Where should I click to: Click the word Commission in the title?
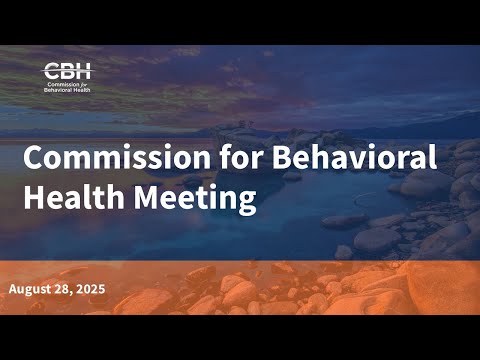[117, 157]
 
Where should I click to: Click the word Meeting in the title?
[195, 199]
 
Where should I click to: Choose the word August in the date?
[29, 289]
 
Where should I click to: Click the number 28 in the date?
[61, 289]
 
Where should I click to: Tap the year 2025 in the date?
[90, 289]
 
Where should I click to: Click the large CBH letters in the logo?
[68, 71]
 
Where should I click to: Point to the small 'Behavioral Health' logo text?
[67, 90]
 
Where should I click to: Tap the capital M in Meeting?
[147, 197]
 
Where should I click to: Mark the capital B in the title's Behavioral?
[282, 157]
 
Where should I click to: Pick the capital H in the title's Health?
[34, 197]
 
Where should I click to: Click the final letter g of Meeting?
[247, 203]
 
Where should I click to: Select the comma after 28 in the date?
[71, 293]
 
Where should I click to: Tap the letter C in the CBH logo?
[52, 71]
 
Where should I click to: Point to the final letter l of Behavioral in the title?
[433, 156]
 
